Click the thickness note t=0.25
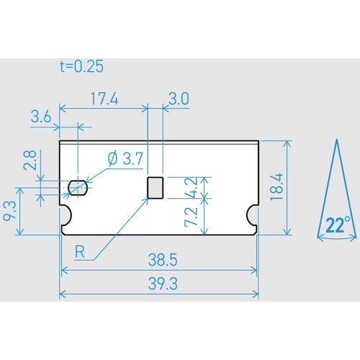81,67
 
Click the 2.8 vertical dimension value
30,160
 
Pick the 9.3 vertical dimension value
10,210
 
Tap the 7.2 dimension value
190,216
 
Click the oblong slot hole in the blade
78,189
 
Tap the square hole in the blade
155,187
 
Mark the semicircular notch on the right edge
253,213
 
